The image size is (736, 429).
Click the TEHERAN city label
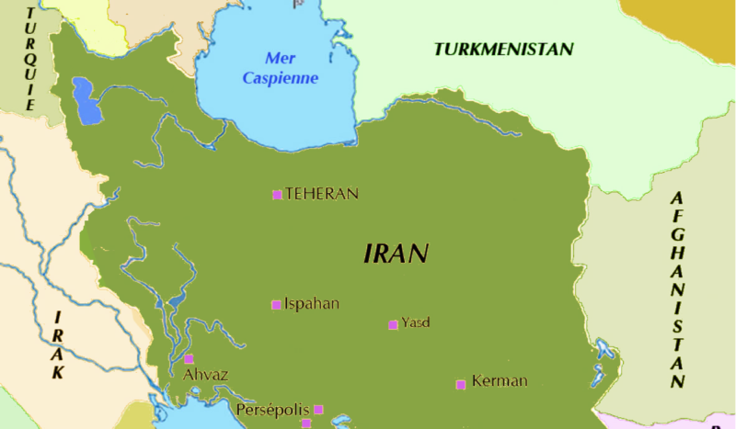coord(321,194)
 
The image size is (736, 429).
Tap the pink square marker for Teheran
coord(277,195)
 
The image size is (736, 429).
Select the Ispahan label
coord(312,304)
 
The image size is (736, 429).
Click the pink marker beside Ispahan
coord(276,305)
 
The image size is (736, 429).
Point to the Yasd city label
coord(416,322)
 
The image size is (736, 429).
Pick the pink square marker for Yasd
coord(393,324)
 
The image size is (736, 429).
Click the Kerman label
coord(499,381)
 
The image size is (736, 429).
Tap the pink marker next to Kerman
coord(461,384)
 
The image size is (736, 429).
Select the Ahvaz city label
coord(205,375)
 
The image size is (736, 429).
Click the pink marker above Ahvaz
coord(190,359)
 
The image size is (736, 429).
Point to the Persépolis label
coord(271,410)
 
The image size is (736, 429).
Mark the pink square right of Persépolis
coord(318,410)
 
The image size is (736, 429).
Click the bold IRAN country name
coord(397,254)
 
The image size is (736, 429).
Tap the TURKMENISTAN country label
coord(504,50)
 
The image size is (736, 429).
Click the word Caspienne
coord(281,78)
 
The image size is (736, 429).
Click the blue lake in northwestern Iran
coord(86,100)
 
